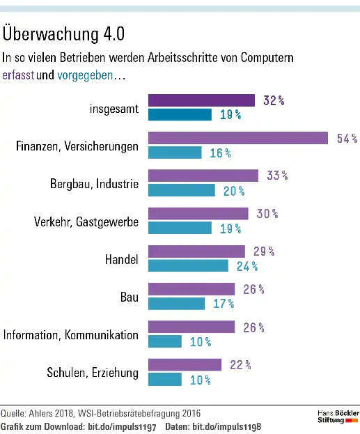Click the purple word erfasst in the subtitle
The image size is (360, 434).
[19, 75]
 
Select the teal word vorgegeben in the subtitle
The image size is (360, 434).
[84, 75]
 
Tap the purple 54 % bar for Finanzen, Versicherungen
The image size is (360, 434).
[237, 138]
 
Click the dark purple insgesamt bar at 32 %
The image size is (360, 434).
[201, 100]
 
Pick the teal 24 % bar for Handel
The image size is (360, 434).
[188, 265]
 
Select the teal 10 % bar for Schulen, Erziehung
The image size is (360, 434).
[165, 379]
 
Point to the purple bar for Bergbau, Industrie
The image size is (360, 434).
[203, 176]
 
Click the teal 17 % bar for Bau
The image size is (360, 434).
[177, 303]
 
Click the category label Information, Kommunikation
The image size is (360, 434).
[71, 335]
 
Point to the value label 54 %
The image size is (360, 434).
[346, 138]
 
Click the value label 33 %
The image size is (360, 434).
[276, 176]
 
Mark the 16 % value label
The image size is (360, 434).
[220, 153]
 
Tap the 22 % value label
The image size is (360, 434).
[240, 364]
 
